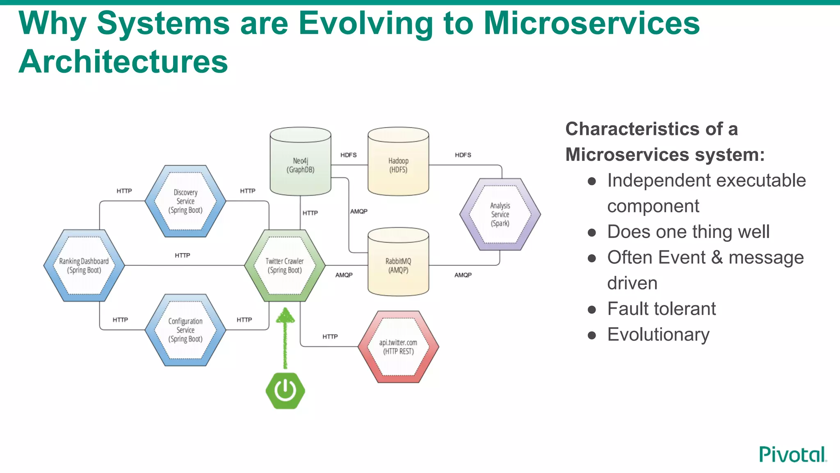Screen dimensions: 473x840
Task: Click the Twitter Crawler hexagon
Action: (285, 266)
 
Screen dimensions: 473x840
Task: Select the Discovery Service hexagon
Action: (185, 201)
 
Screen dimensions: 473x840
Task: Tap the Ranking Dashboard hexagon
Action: (84, 266)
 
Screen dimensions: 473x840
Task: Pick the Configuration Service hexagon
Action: (185, 330)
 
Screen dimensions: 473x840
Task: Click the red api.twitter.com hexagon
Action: (398, 347)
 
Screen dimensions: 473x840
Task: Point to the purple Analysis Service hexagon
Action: (500, 214)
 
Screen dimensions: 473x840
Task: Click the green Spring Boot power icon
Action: (285, 390)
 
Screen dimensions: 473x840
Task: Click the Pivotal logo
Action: (792, 455)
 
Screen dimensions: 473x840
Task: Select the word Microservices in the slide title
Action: (591, 23)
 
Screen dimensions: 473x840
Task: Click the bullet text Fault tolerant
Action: (661, 309)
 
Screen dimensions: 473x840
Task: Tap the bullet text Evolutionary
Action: (658, 335)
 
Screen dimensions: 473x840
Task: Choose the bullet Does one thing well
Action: (688, 232)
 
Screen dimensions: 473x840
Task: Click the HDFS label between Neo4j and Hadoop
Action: (348, 155)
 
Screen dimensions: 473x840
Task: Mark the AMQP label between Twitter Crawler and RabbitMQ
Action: (344, 275)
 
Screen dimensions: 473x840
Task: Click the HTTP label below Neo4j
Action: (310, 213)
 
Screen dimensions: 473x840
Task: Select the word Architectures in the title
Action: (123, 62)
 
